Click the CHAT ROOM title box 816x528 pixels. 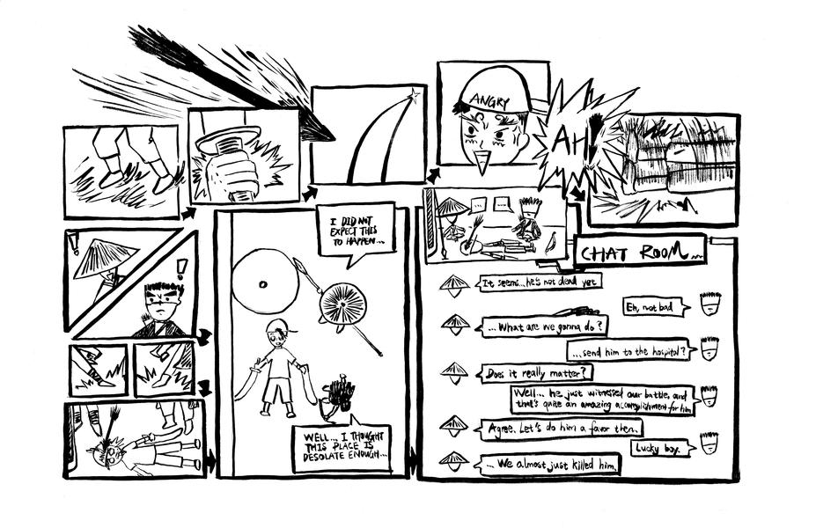pyautogui.click(x=640, y=251)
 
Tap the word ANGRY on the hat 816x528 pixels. pyautogui.click(x=490, y=101)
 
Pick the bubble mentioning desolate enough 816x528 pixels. pyautogui.click(x=342, y=448)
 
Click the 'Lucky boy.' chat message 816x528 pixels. pyautogui.click(x=658, y=449)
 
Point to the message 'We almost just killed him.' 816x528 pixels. pyautogui.click(x=549, y=463)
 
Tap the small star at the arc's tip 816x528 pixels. pyautogui.click(x=410, y=94)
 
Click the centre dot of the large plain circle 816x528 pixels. pyautogui.click(x=262, y=284)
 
